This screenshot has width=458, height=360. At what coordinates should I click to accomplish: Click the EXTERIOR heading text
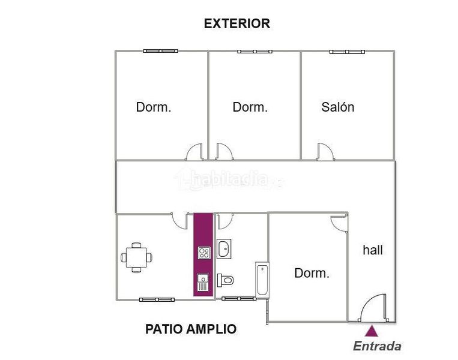[237, 23]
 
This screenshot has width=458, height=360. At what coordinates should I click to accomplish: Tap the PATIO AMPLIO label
[191, 329]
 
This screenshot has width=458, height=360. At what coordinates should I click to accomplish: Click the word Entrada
[377, 346]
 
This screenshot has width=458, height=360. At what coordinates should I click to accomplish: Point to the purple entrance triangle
[371, 331]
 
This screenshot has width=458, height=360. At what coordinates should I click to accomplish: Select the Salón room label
[338, 107]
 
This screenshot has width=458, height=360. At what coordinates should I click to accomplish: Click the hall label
[373, 250]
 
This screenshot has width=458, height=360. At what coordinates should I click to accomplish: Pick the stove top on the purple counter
[204, 253]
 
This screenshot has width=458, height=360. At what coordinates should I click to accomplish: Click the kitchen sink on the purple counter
[203, 283]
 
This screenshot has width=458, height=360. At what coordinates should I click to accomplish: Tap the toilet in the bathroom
[225, 280]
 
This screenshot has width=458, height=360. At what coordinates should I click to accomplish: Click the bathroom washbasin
[224, 249]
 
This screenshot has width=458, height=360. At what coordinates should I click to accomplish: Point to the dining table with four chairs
[136, 257]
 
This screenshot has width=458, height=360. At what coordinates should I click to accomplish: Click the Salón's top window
[347, 52]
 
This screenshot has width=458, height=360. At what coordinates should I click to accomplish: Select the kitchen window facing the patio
[157, 299]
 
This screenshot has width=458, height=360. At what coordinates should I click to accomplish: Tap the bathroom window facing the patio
[239, 298]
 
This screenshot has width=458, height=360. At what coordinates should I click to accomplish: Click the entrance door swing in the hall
[373, 308]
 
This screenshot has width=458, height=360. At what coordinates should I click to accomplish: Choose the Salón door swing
[325, 152]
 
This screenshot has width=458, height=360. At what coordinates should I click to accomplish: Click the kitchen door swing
[179, 221]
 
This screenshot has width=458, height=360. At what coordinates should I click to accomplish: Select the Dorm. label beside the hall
[312, 273]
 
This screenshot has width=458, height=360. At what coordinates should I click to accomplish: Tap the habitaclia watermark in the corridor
[229, 178]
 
